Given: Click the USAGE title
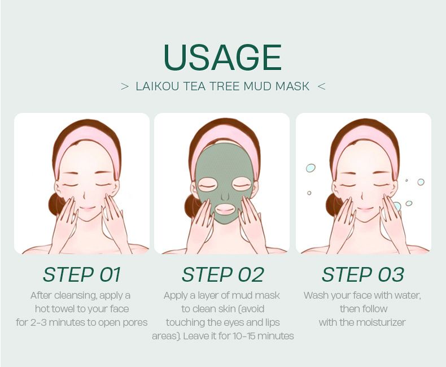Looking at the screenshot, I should tap(222, 57).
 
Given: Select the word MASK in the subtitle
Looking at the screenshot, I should tap(292, 86).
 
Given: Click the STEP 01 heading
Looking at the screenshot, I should tap(82, 274).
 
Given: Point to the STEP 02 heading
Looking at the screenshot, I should tap(222, 274).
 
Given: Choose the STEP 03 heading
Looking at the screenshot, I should tap(363, 274).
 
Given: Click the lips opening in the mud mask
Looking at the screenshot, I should tap(225, 208).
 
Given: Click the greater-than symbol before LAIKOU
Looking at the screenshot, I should tap(125, 87).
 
